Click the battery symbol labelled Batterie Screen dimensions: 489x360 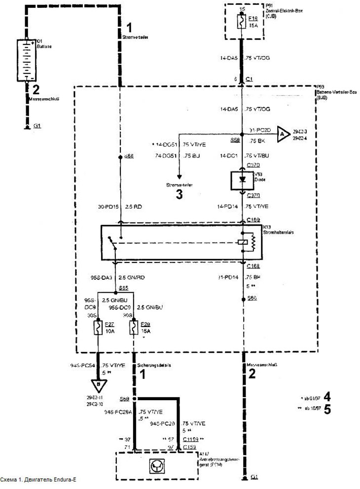[x=27, y=60]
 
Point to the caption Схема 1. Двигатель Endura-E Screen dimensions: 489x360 [x=39, y=479]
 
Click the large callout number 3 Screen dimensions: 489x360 [x=180, y=194]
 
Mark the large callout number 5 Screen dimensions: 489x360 [x=327, y=409]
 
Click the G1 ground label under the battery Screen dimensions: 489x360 [x=37, y=126]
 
